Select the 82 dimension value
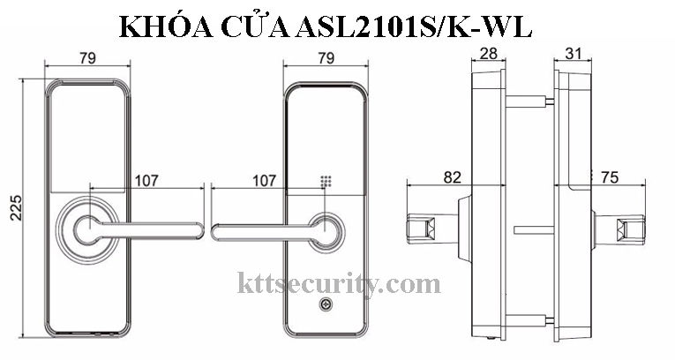coord(451,177)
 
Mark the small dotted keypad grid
coord(326,182)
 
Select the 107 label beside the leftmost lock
coord(146,181)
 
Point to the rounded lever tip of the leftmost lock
coord(199,231)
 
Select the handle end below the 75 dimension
coord(631,230)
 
